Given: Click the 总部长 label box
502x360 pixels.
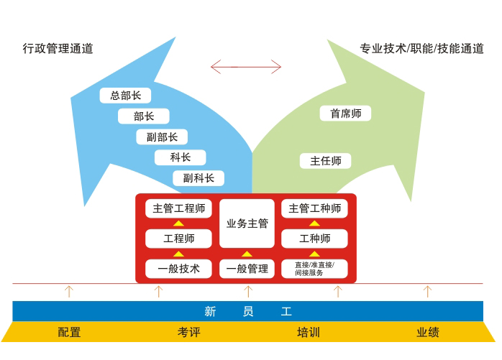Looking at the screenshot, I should point(125,96).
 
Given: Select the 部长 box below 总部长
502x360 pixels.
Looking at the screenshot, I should point(144,116).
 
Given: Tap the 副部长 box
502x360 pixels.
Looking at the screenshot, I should point(162,137).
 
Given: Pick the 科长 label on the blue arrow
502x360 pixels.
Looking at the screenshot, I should point(180,157).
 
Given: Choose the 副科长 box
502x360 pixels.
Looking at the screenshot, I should point(198,178).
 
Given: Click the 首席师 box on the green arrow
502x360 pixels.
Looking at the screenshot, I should point(345,114).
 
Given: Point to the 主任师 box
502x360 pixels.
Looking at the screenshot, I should point(325,161).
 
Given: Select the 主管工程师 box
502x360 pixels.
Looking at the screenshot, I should point(178,209).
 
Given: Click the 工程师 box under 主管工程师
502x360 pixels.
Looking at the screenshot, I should point(178,239).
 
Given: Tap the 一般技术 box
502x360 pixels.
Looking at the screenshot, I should point(178,269).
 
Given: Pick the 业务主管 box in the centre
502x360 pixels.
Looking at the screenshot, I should point(247,223).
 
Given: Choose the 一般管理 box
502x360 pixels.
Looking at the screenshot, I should point(247,269).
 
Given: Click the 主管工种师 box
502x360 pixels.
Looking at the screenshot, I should point(314,209).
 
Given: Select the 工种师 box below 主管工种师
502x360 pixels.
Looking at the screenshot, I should point(314,239).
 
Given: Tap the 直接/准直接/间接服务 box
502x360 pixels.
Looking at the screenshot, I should point(314,269).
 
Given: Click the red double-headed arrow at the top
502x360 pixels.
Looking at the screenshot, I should point(246,67).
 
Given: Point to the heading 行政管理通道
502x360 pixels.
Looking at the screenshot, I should point(58,49).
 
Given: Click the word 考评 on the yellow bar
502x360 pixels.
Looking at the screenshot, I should point(188,332).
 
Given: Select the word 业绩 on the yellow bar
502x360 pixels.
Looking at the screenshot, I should point(427,332).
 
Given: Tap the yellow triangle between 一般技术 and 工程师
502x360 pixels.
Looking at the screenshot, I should point(178,254).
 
